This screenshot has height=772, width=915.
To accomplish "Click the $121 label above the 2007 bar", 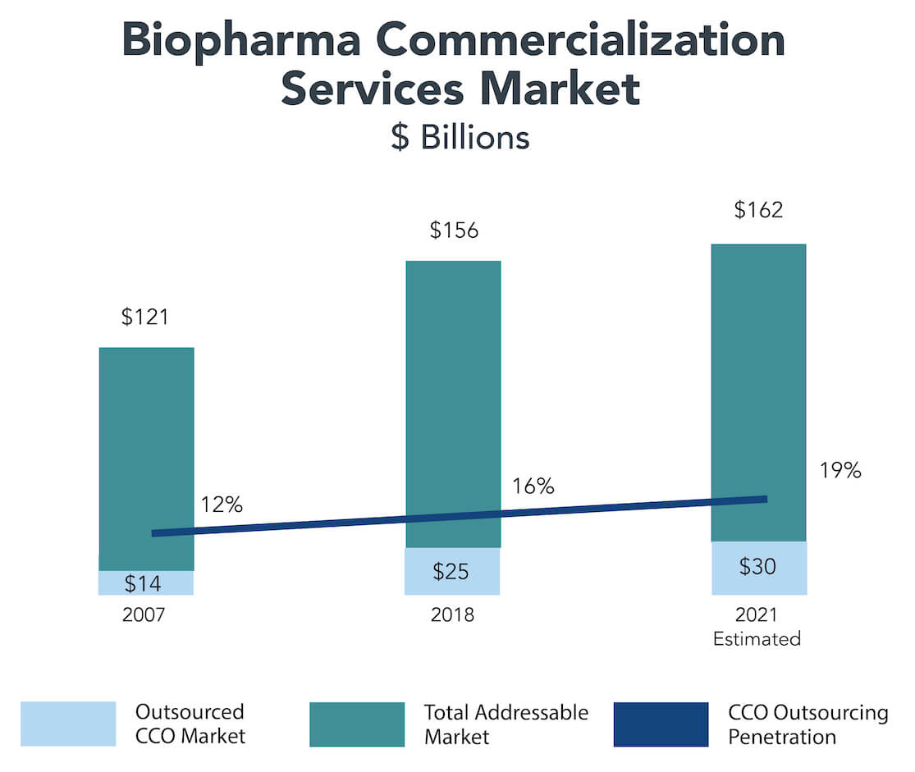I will (145, 317).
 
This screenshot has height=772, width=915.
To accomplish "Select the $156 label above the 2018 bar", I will (454, 230).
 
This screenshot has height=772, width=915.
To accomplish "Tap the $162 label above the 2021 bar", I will (759, 209).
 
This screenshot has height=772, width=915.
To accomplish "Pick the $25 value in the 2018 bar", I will (451, 571).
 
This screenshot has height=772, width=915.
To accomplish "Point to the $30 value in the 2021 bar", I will (757, 567).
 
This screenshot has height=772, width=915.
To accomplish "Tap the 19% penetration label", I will (840, 471).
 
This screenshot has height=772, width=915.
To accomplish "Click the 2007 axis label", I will (143, 615).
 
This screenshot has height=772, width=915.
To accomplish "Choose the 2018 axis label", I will (452, 615).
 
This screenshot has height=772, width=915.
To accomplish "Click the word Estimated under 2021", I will (757, 639).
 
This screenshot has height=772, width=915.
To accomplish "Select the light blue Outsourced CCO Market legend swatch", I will (68, 724).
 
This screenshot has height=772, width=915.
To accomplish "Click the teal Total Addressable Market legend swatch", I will (357, 724).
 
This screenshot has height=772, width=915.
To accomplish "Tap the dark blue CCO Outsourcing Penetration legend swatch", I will (661, 724).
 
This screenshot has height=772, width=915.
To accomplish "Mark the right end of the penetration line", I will (765, 499).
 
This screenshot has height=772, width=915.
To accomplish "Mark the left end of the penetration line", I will (154, 533).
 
